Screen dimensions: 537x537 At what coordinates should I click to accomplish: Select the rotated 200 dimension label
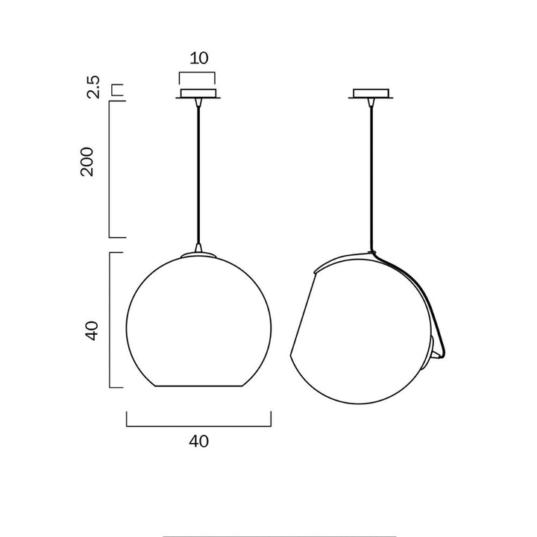coord(88,161)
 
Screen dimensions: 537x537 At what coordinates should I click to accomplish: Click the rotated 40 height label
coord(91,330)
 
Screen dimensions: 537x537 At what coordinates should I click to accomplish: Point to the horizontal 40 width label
coord(198,441)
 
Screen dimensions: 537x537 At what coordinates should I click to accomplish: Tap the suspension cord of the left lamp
coord(198,172)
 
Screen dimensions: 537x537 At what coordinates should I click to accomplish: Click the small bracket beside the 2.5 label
coord(116,89)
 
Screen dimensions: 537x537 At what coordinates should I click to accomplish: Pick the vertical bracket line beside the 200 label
coord(110,169)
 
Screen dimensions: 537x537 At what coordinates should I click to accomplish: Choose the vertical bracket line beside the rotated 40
coord(110,321)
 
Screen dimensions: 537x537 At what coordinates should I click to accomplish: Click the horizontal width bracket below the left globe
coord(198,426)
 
